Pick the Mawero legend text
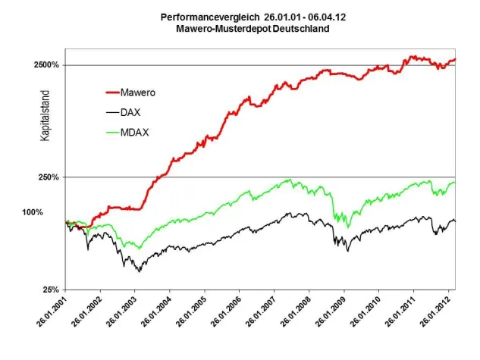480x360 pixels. tap(144, 92)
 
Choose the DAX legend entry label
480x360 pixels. tap(136, 112)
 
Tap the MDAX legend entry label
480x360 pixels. tap(139, 133)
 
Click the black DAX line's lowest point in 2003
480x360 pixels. tap(139, 271)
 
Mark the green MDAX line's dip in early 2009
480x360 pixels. tap(348, 227)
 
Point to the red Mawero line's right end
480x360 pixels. tap(455, 59)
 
